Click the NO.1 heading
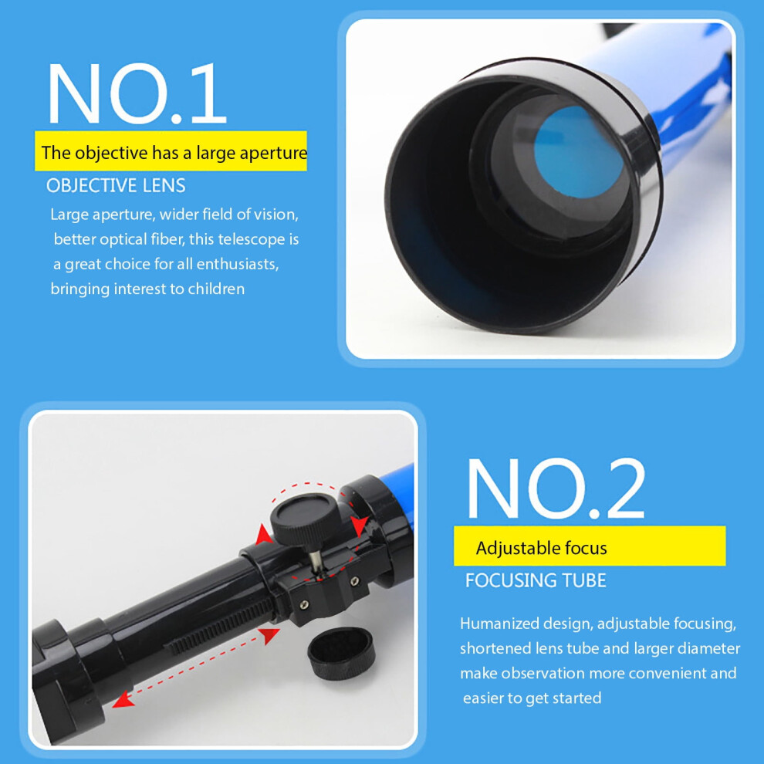pos(137,93)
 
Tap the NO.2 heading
pos(556,488)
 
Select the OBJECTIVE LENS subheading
pos(116,186)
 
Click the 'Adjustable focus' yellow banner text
pos(541,548)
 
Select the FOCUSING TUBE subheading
pos(536,580)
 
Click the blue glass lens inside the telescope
pos(578,153)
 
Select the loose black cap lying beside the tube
pos(341,653)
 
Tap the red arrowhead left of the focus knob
pos(264,535)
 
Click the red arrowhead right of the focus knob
pos(360,526)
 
